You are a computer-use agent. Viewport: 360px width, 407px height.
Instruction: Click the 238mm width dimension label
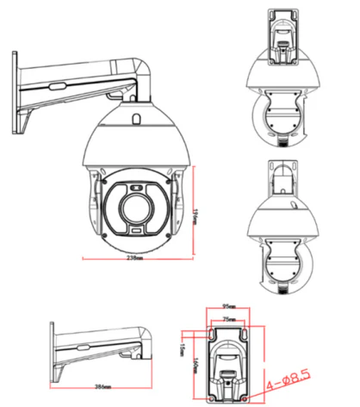[134, 258]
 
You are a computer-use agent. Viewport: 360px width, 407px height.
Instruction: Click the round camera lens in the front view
[135, 208]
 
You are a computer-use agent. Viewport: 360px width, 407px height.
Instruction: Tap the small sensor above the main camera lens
[135, 187]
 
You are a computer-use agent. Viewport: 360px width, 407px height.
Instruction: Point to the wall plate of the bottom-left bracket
[53, 349]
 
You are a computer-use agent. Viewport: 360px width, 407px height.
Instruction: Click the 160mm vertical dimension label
[197, 365]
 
